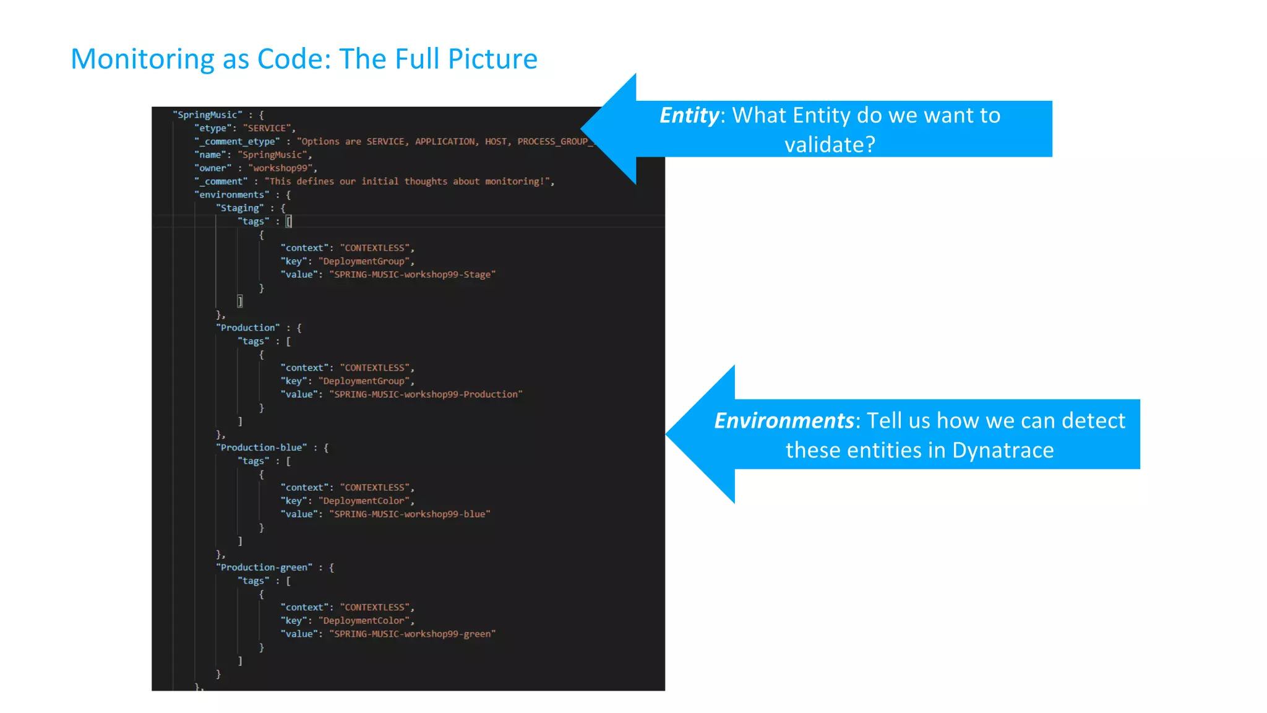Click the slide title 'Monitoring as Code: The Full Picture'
click(x=304, y=59)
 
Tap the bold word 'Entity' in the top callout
click(x=689, y=116)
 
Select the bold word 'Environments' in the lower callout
click(x=783, y=421)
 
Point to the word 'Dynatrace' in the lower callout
click(x=1002, y=451)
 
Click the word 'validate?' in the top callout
click(x=830, y=145)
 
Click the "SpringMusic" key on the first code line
click(x=207, y=115)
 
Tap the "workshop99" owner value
click(x=281, y=168)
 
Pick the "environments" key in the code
click(x=232, y=195)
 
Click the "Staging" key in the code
click(x=240, y=209)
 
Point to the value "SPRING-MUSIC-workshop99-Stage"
click(x=412, y=275)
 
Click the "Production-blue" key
click(x=262, y=447)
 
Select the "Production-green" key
click(x=264, y=568)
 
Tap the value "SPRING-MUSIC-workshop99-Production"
click(x=426, y=394)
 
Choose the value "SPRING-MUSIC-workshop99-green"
click(x=412, y=634)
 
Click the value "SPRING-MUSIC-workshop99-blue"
click(x=410, y=514)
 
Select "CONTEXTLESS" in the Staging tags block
click(x=374, y=248)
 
